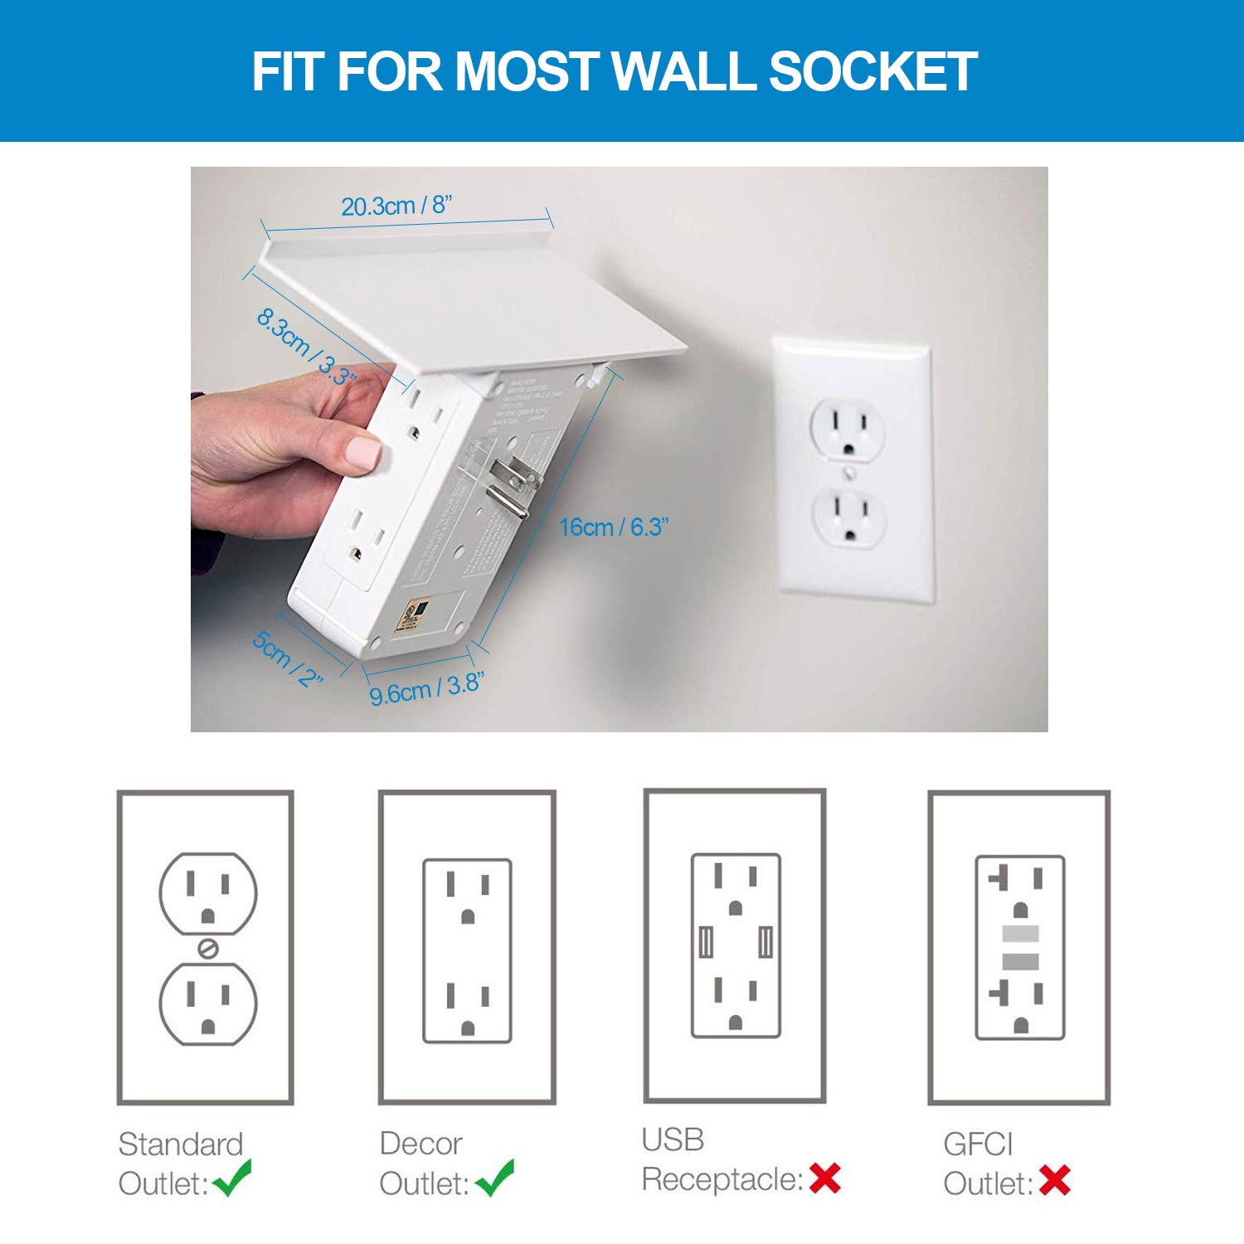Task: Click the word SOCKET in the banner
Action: (873, 71)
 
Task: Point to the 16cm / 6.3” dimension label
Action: (614, 527)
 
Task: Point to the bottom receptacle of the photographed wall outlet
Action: (848, 516)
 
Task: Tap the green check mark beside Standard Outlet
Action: (232, 1178)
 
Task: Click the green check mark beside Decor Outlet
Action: (495, 1178)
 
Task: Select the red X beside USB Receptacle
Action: (825, 1178)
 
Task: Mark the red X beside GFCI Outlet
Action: (1054, 1180)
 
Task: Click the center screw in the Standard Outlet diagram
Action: (208, 948)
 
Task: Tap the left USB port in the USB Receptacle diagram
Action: (707, 942)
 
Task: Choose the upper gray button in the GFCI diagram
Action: (1020, 934)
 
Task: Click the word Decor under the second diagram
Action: (420, 1144)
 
